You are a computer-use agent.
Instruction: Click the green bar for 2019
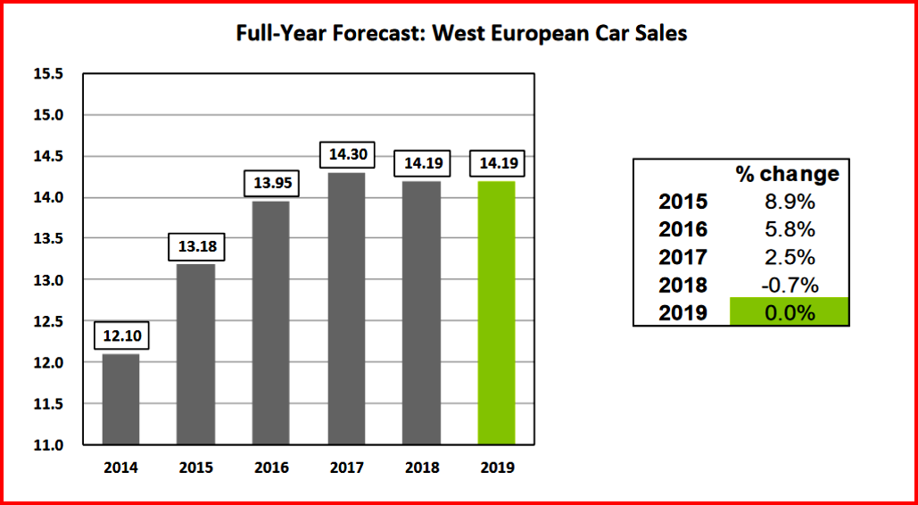(497, 312)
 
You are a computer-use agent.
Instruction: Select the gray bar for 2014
(120, 399)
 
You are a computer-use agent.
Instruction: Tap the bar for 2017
(346, 308)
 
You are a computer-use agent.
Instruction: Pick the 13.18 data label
(194, 246)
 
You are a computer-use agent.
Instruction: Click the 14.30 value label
(346, 154)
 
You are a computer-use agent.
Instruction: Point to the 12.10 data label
(120, 336)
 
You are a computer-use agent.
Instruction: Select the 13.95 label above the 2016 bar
(271, 184)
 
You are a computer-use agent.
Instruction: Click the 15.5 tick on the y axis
(48, 74)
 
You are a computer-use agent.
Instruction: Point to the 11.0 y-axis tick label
(48, 445)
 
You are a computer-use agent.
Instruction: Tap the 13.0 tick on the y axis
(48, 280)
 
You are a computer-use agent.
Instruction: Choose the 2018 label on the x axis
(421, 467)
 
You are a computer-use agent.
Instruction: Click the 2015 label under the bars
(194, 467)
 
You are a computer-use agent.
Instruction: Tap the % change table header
(788, 174)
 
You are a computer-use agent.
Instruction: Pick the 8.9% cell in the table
(789, 202)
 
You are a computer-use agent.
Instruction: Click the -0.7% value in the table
(789, 286)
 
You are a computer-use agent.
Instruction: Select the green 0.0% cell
(789, 312)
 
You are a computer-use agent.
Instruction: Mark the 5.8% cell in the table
(789, 229)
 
